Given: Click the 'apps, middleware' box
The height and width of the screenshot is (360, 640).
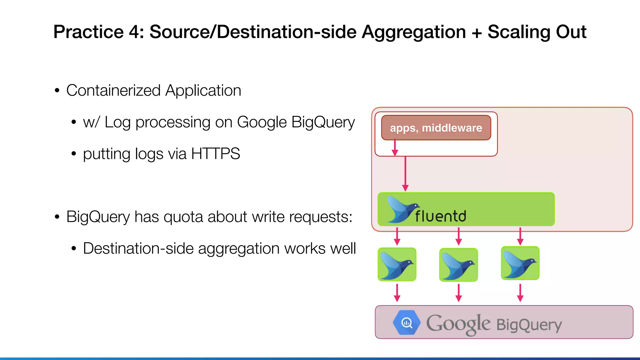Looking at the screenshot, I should click(x=436, y=128).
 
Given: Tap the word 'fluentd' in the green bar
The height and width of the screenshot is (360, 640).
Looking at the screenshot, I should click(x=441, y=216).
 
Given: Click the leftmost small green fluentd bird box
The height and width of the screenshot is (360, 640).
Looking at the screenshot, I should click(x=397, y=264).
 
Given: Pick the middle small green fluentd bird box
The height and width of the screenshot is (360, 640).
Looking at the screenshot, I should click(x=458, y=265).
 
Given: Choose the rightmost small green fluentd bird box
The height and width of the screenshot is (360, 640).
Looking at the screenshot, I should click(x=520, y=263).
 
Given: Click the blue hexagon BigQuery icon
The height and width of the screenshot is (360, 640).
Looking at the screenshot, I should click(x=406, y=322).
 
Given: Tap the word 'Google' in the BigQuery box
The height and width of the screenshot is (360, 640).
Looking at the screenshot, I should click(x=458, y=324).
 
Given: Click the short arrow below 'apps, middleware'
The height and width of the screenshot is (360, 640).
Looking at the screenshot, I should click(x=395, y=147).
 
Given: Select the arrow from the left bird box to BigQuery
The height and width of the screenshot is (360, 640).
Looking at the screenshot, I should click(x=397, y=293).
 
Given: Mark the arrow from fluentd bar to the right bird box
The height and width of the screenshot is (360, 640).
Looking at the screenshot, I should click(x=520, y=236).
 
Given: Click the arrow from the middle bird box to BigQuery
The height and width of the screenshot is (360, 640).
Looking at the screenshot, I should click(x=458, y=293).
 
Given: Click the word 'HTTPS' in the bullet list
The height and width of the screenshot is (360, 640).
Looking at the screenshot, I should click(x=215, y=154).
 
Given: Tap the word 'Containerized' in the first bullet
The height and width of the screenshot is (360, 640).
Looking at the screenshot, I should click(x=113, y=91).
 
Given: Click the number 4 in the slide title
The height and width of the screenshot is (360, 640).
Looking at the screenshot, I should click(x=136, y=32).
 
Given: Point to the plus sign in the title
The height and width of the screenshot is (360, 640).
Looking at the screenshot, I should click(x=477, y=32).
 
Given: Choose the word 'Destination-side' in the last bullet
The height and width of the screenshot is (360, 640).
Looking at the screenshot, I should click(x=138, y=248).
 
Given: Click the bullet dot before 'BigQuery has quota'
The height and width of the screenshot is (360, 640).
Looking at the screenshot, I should click(x=57, y=217).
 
